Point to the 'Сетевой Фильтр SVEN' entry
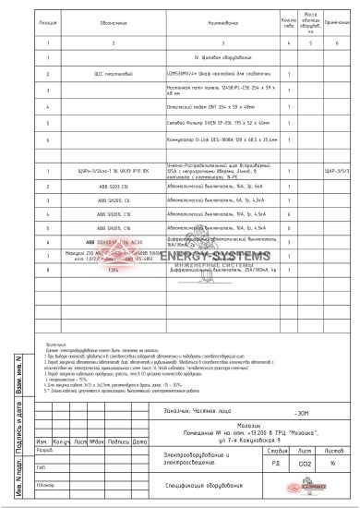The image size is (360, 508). [207, 123]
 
